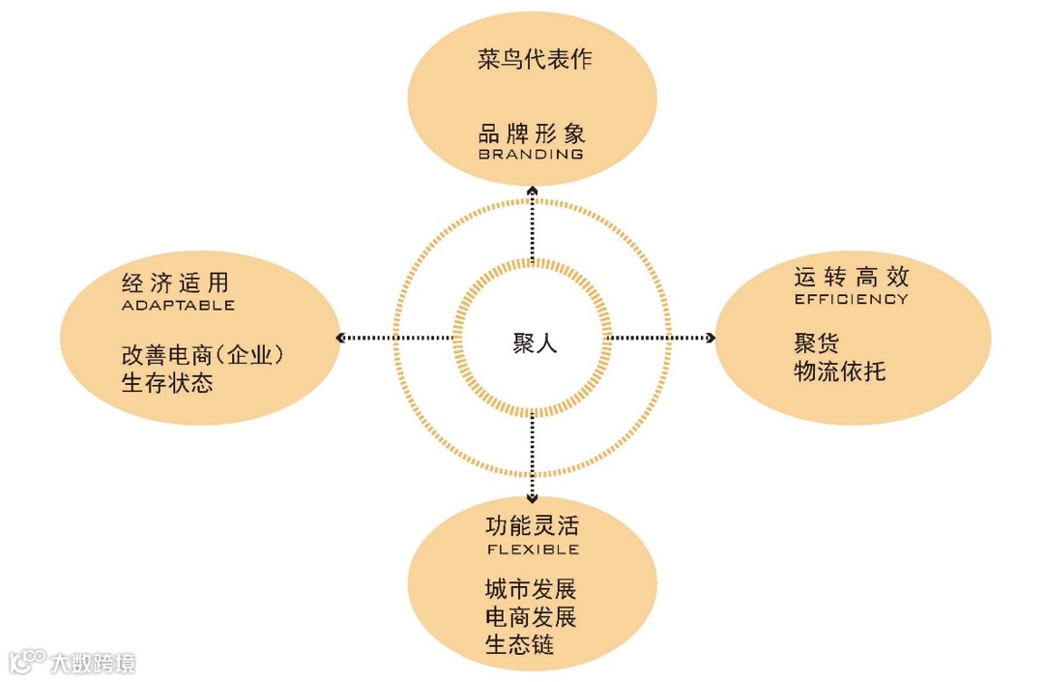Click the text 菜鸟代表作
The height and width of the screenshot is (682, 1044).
point(534,60)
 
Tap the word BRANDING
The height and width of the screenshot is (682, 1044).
point(532,155)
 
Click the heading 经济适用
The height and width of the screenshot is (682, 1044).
point(175,283)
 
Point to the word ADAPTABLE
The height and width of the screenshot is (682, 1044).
point(178,306)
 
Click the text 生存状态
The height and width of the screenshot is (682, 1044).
point(167,383)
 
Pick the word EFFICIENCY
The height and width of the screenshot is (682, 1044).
point(852,300)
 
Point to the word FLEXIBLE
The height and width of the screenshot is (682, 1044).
point(532,549)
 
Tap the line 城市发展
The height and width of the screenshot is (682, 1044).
point(531,589)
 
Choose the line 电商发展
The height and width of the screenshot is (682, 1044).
point(531,617)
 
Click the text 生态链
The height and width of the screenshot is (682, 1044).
point(519,645)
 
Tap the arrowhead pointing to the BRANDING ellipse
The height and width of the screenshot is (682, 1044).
point(533,192)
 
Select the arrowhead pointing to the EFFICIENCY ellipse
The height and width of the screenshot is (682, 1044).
point(710,338)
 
